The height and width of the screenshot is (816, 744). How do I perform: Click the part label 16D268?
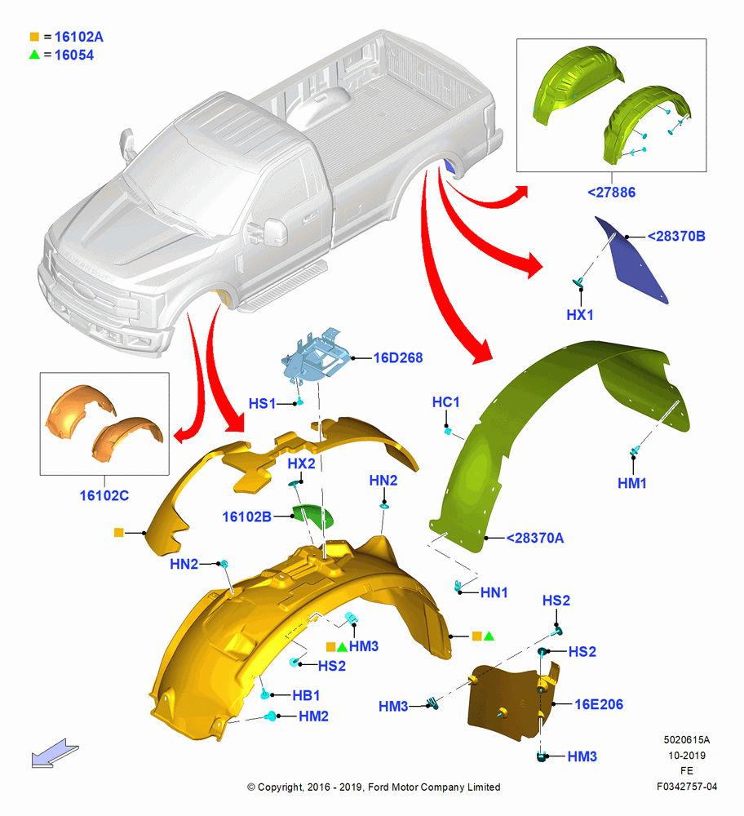[x=398, y=358]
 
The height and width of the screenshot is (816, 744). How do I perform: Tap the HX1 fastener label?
[x=579, y=315]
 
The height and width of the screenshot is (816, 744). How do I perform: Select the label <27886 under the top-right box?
[x=611, y=193]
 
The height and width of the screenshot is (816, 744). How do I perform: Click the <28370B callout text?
[x=676, y=237]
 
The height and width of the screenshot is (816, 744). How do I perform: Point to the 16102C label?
[x=104, y=495]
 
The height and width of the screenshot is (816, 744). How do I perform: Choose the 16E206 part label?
[x=599, y=705]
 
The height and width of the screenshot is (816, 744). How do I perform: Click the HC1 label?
[x=446, y=402]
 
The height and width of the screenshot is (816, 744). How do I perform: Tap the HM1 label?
[x=632, y=483]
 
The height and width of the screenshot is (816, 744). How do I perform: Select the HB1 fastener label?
[x=306, y=695]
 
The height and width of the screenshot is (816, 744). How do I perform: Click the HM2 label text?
[x=314, y=716]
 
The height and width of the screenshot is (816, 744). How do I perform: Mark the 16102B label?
[x=246, y=517]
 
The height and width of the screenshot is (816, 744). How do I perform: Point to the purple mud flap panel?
[x=631, y=260]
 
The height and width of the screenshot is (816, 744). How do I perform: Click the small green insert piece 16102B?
[x=313, y=515]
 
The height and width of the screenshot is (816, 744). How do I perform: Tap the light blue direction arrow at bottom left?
[x=55, y=753]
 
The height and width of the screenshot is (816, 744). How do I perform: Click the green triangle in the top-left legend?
[x=34, y=54]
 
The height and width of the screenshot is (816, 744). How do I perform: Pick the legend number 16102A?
[x=79, y=37]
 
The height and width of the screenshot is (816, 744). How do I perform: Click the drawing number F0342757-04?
[x=687, y=787]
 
